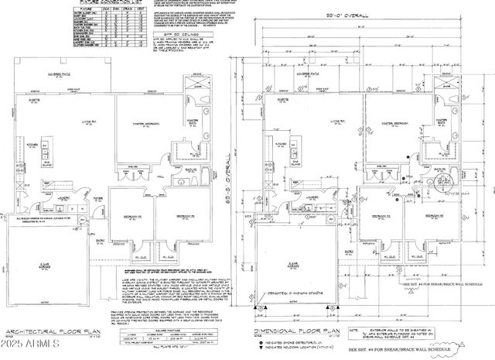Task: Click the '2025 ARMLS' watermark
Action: pos(29,342)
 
